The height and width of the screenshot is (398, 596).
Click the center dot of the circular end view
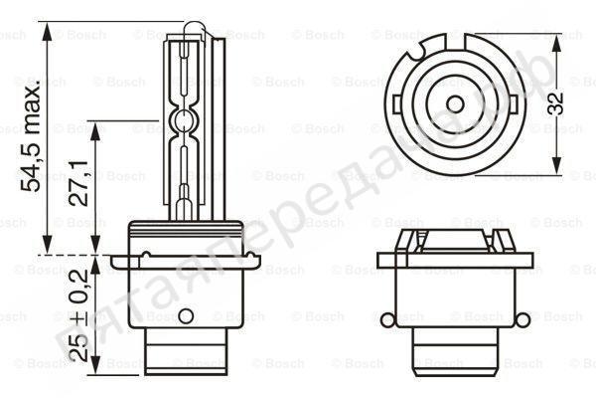coord(455,102)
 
